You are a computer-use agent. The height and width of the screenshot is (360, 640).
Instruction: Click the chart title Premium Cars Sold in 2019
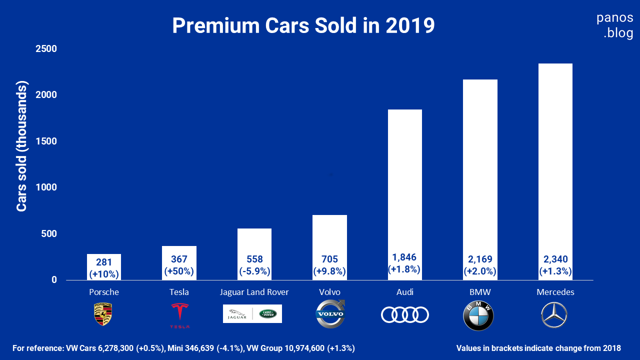[303, 25]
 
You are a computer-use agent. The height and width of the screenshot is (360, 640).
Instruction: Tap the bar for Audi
[404, 190]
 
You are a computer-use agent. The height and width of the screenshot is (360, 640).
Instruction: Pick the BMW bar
[480, 175]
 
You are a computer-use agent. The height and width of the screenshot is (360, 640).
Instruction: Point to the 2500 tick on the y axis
[46, 49]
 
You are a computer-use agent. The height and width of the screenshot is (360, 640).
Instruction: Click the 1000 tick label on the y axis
[46, 187]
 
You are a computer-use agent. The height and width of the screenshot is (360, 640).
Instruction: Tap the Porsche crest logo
[103, 314]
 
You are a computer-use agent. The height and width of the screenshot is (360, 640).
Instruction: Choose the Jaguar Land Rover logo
[252, 314]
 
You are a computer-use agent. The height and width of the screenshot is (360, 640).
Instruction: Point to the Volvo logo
[330, 314]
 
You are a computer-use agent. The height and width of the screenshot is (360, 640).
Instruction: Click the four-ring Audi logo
[404, 314]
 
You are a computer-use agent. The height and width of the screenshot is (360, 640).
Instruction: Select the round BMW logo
[478, 315]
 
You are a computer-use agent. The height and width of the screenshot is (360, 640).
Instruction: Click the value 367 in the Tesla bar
[179, 259]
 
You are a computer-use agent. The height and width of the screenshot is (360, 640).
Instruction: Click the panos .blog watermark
[615, 26]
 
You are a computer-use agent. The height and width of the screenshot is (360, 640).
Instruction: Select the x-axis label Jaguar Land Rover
[254, 292]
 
